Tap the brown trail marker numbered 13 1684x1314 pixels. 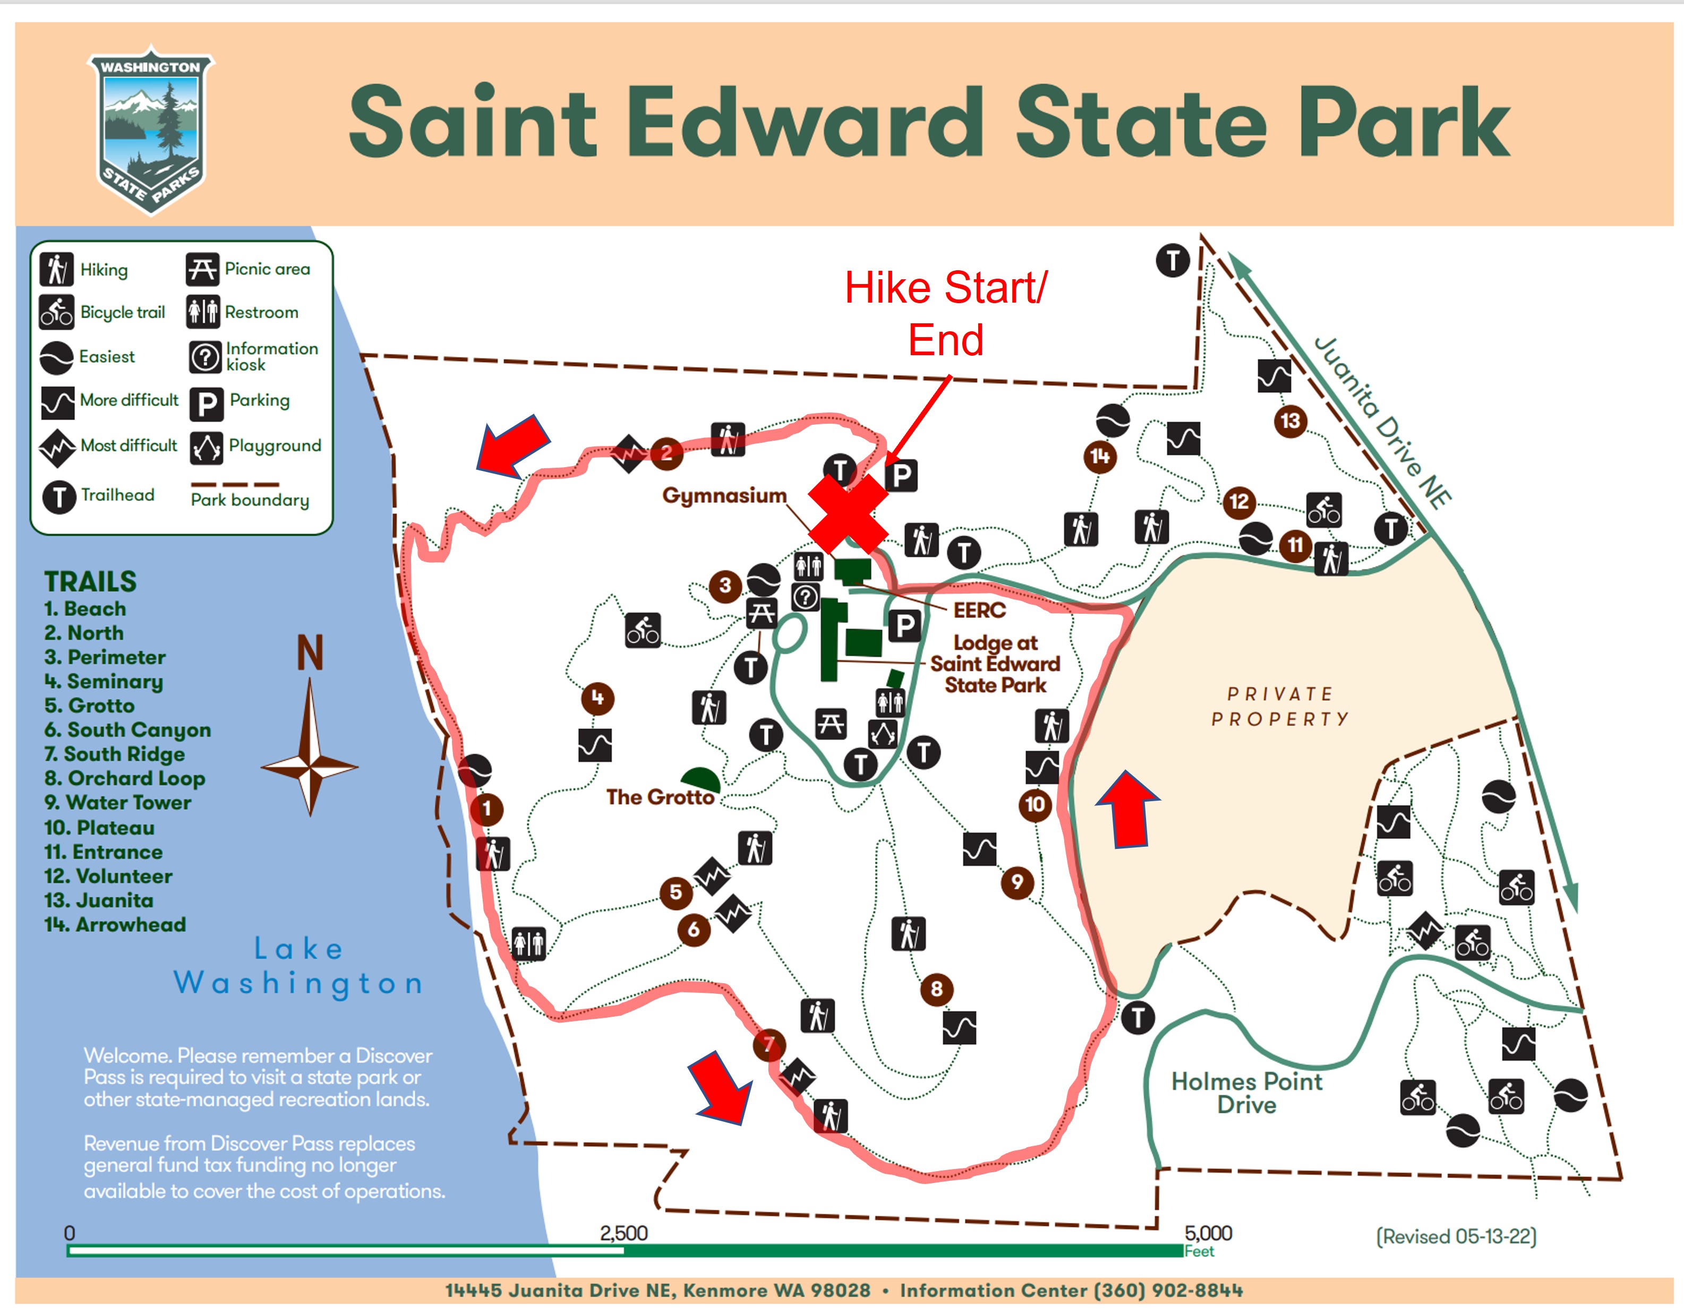point(1290,421)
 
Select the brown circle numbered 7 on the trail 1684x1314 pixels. point(769,1045)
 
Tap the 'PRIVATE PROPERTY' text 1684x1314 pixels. point(1280,707)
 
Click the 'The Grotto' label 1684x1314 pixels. point(660,797)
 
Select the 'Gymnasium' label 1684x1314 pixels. point(724,495)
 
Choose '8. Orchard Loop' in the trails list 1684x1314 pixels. point(124,778)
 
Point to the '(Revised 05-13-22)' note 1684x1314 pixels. point(1456,1236)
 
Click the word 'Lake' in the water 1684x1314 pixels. point(298,949)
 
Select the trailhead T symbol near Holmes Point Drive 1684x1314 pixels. point(1138,1017)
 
